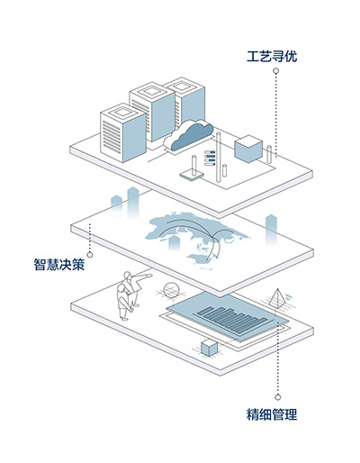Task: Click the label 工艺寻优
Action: click(x=272, y=56)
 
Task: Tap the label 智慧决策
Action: click(x=59, y=264)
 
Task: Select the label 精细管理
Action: click(x=272, y=414)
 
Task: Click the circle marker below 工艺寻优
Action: click(x=276, y=71)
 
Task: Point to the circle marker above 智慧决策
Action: click(x=90, y=255)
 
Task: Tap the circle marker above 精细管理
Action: click(x=278, y=397)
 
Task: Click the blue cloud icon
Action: click(x=192, y=136)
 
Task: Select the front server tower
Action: click(x=123, y=132)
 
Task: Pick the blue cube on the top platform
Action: click(x=248, y=149)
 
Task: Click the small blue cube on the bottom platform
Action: click(x=209, y=348)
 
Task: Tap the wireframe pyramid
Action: click(x=277, y=298)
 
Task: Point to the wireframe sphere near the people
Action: click(x=172, y=290)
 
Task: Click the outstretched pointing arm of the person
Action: click(x=143, y=276)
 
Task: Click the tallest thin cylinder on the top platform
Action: click(x=219, y=157)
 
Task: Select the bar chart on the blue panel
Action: click(x=231, y=320)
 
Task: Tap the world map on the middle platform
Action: click(x=197, y=237)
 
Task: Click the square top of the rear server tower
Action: click(x=183, y=86)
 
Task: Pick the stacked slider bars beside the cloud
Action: click(x=210, y=158)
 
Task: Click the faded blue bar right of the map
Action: click(x=271, y=230)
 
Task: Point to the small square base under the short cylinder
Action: click(x=192, y=175)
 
